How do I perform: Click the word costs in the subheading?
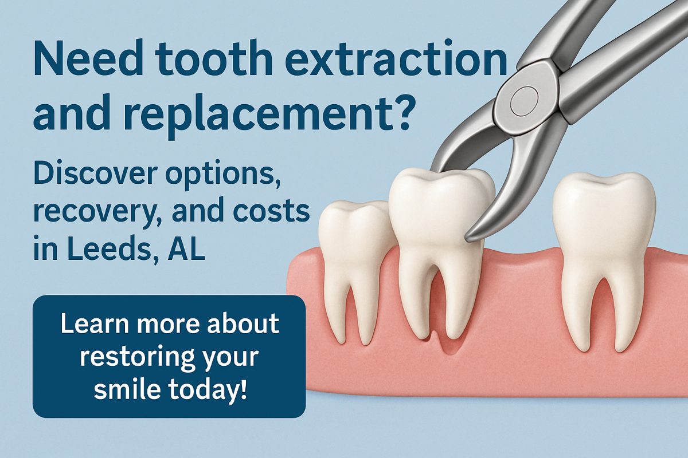(x=271, y=212)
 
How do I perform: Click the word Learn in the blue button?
(x=95, y=323)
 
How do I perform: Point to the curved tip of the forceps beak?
(x=472, y=236)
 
